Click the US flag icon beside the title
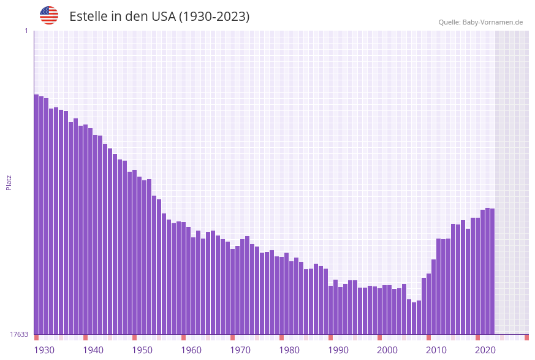point(49,15)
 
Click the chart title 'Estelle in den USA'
point(159,17)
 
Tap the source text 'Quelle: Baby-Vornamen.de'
point(480,22)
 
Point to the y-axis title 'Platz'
point(9,183)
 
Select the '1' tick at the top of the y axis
point(26,31)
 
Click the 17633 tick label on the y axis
point(19,334)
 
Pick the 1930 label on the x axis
point(44,350)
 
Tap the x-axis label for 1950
point(142,350)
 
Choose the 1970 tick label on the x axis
point(240,350)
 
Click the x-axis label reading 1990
point(338,350)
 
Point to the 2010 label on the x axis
point(436,350)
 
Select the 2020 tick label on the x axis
point(485,350)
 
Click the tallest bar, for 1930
point(37,215)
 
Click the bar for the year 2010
point(429,304)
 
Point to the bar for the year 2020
point(478,276)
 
